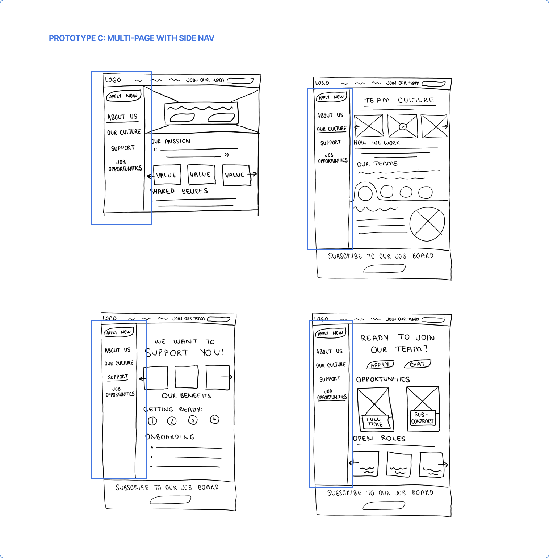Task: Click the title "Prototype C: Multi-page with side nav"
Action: [x=131, y=38]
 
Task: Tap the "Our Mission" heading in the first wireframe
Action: [x=171, y=141]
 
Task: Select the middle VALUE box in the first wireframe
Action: [x=201, y=175]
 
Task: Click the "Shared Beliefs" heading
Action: [x=179, y=191]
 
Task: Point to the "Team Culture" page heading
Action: [x=399, y=100]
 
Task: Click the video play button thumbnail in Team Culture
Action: [x=402, y=126]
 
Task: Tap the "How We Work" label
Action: [x=377, y=143]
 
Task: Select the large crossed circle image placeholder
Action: [x=427, y=224]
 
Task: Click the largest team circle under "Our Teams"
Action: [x=365, y=193]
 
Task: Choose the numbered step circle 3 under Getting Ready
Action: [x=193, y=420]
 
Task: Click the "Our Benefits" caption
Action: [x=187, y=396]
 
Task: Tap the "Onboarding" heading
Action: [x=170, y=437]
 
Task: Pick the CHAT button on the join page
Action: [x=418, y=364]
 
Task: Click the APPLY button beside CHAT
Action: [x=380, y=365]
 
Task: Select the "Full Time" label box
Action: [x=375, y=422]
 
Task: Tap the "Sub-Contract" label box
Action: [x=422, y=418]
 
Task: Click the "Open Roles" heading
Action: [x=380, y=439]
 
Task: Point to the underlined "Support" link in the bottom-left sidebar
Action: [x=118, y=377]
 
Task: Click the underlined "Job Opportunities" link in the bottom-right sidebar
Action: [x=332, y=394]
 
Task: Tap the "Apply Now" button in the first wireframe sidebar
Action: [x=123, y=96]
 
